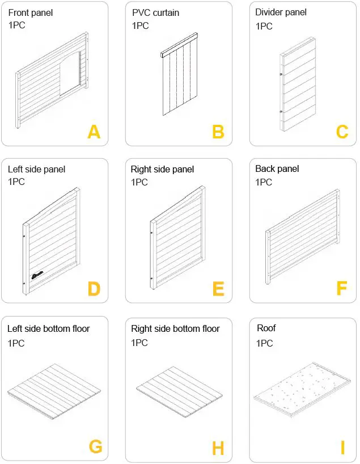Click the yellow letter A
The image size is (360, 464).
[94, 132]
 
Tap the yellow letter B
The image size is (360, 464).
[218, 132]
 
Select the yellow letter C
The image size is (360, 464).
[342, 132]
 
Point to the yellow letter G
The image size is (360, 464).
[95, 447]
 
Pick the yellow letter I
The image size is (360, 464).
[342, 448]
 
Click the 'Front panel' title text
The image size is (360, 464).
[31, 12]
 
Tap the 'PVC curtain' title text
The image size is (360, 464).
[156, 12]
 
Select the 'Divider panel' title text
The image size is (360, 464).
[281, 12]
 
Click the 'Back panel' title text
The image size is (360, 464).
[277, 169]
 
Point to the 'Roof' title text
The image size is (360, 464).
[266, 328]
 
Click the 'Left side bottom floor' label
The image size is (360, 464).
[49, 329]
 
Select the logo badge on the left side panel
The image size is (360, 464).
[37, 275]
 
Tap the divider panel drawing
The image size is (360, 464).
[298, 85]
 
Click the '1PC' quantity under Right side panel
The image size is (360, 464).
[139, 182]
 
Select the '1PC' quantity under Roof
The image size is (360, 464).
[264, 343]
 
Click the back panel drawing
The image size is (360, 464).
[303, 235]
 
